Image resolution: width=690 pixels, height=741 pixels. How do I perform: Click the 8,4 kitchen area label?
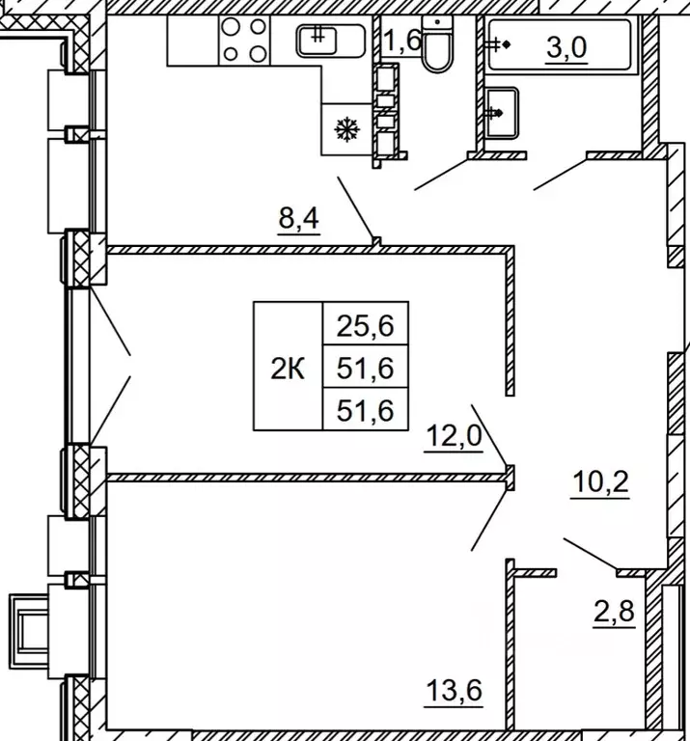click(x=299, y=218)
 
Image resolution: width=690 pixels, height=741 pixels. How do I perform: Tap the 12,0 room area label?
click(x=454, y=435)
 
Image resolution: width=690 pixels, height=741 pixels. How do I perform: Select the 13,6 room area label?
click(x=455, y=691)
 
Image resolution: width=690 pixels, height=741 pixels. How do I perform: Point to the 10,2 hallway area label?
click(x=600, y=482)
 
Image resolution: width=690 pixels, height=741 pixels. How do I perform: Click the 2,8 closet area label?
click(x=614, y=612)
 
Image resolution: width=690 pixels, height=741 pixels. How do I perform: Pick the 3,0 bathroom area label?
click(x=566, y=47)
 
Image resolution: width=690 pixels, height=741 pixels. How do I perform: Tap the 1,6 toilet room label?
click(x=401, y=40)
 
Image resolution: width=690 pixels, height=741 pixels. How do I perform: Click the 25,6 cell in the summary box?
click(x=366, y=323)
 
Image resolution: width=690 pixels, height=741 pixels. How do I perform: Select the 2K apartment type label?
click(x=288, y=369)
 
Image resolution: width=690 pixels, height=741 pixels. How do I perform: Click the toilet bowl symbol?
click(x=437, y=45)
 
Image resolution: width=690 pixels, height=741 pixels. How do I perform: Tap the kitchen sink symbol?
click(x=330, y=41)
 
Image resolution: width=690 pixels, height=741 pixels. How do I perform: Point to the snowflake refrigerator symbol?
click(x=346, y=129)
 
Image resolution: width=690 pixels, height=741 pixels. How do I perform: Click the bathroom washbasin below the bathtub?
click(x=501, y=113)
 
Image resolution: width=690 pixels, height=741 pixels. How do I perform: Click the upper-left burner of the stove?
click(x=231, y=27)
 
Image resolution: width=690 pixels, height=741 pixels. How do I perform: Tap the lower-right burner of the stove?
click(x=258, y=53)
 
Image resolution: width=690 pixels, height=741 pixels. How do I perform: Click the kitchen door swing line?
click(x=356, y=207)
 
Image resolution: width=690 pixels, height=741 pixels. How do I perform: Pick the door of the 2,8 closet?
click(x=591, y=554)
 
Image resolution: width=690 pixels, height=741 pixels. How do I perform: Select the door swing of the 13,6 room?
click(x=490, y=520)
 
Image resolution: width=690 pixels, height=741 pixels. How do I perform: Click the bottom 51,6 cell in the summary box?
click(x=366, y=409)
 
